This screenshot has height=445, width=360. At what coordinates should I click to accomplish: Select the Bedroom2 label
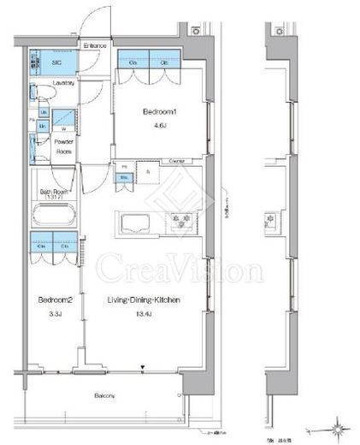tap(52, 300)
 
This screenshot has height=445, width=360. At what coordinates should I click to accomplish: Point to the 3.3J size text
tap(52, 313)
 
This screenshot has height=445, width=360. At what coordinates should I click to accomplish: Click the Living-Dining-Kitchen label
tap(141, 300)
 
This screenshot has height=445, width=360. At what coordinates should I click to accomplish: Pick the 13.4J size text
tap(142, 313)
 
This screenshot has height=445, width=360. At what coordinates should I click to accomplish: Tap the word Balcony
tap(104, 395)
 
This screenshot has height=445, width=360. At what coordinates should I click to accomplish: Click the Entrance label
tap(93, 44)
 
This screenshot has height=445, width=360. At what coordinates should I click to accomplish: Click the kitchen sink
tap(138, 225)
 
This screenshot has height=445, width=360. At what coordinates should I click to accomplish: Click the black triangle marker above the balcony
tap(143, 365)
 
